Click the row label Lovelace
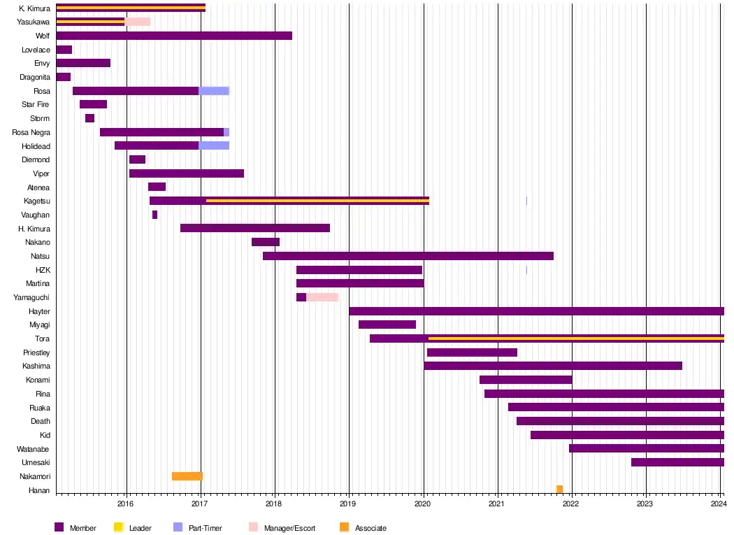click(36, 50)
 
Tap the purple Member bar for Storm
click(89, 118)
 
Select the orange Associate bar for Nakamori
click(187, 476)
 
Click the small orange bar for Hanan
click(559, 490)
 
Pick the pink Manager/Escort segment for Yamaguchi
click(322, 297)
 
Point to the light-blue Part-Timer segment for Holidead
click(214, 145)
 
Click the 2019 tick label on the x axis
click(348, 504)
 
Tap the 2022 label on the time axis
click(571, 504)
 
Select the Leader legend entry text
click(140, 528)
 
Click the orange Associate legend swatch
click(344, 527)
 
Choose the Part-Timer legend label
click(205, 528)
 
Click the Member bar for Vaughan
click(154, 215)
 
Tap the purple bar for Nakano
click(266, 242)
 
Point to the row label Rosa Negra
click(31, 132)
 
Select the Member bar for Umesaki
click(677, 462)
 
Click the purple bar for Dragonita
click(63, 77)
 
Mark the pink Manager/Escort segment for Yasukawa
click(137, 22)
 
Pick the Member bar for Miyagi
click(387, 324)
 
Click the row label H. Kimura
click(34, 229)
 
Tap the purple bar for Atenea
click(157, 187)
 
